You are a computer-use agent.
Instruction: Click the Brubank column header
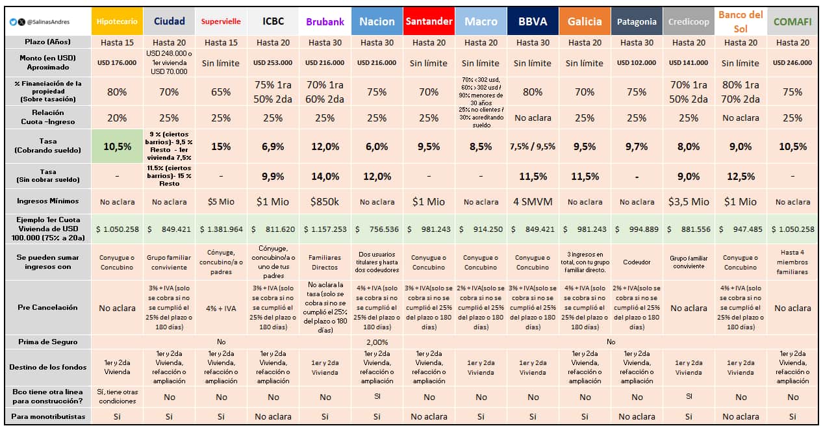pos(325,21)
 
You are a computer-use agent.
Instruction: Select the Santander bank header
pos(429,21)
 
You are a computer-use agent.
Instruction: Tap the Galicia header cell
pos(585,21)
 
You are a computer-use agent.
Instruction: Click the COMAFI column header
pos(792,21)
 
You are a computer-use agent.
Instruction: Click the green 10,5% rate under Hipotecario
pos(117,146)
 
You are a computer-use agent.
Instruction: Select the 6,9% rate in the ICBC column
pos(273,146)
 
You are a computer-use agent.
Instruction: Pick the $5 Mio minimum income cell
pos(221,201)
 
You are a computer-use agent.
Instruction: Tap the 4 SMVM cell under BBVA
pos(533,201)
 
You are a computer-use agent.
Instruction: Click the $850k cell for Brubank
pos(325,201)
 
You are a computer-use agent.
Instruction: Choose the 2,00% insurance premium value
pos(377,342)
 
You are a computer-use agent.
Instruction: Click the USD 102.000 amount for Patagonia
pos(637,63)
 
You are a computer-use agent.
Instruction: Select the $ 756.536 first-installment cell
pos(377,229)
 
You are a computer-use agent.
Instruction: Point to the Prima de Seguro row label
pos(47,342)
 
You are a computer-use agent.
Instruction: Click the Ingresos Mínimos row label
pos(47,201)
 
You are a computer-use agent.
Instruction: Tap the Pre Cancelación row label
pos(47,307)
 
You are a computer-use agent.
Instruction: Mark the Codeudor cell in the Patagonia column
pos(637,262)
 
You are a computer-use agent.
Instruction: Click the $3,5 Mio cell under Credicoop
pos(689,201)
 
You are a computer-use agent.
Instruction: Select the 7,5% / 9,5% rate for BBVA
pos(533,146)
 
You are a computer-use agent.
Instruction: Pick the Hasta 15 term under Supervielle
pos(221,42)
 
